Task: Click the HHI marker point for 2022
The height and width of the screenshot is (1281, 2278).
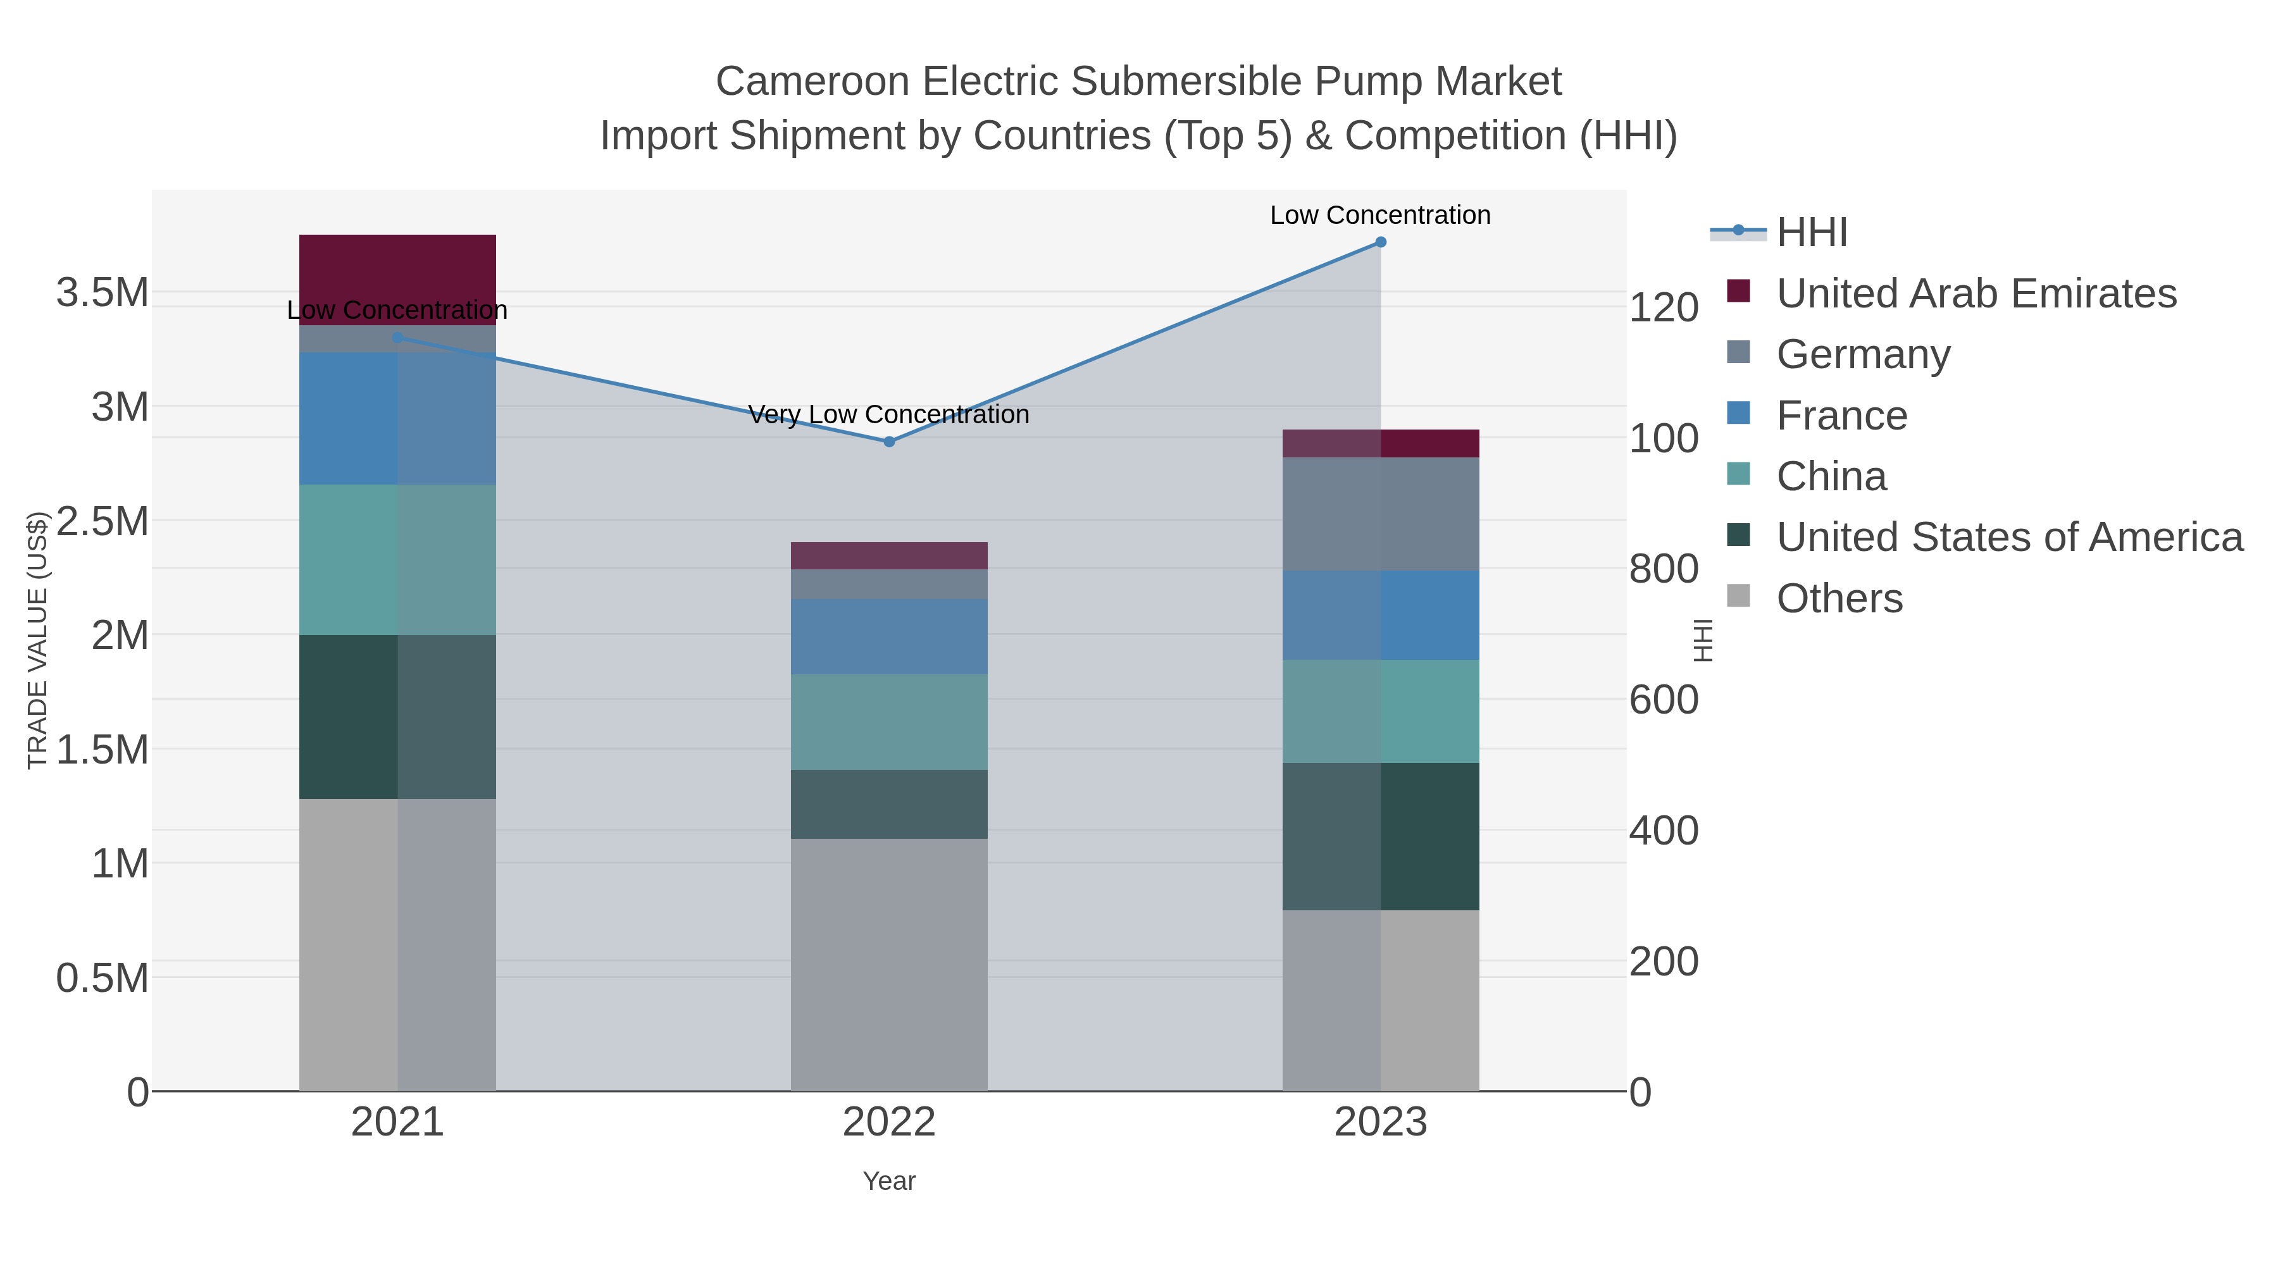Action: [x=889, y=441]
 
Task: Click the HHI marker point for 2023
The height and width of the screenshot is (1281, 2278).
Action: [x=1381, y=242]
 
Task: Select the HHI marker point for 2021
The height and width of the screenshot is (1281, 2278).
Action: [x=397, y=338]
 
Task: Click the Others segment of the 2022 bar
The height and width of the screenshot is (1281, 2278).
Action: [x=889, y=963]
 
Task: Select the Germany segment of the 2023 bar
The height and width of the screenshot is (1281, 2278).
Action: [x=1381, y=514]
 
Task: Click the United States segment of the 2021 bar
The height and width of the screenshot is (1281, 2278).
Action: [x=397, y=716]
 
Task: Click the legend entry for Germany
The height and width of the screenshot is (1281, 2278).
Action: [x=1862, y=354]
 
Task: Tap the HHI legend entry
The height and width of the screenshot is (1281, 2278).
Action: [x=1811, y=233]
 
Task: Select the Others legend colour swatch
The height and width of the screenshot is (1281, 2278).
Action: [x=1739, y=596]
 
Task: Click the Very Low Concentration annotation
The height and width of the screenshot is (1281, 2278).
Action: [x=889, y=414]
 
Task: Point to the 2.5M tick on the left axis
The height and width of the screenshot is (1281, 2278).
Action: [x=102, y=521]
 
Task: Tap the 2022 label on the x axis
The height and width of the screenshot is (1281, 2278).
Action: [x=889, y=1123]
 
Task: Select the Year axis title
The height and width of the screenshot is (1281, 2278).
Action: [x=889, y=1181]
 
